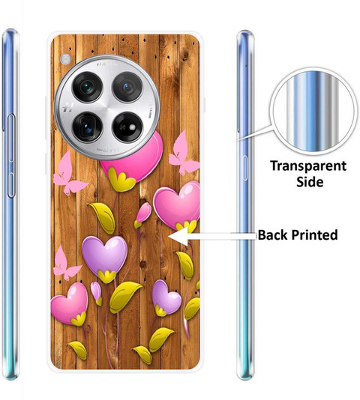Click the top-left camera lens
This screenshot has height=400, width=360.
[x=88, y=87]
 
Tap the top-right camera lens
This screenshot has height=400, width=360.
[x=127, y=87]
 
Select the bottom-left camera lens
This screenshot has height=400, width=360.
[x=88, y=127]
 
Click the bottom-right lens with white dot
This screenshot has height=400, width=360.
[x=127, y=127]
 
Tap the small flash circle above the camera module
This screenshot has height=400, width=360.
[x=66, y=59]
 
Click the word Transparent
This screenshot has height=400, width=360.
[x=308, y=166]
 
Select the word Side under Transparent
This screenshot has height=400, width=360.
[x=310, y=182]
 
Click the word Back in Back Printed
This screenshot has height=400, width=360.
[x=272, y=234]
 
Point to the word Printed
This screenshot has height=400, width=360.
[x=314, y=235]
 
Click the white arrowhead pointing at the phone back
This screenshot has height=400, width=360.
[x=178, y=237]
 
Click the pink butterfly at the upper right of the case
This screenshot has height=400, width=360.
[x=183, y=153]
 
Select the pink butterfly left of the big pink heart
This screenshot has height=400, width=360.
[x=68, y=174]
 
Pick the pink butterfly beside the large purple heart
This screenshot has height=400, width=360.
[x=65, y=264]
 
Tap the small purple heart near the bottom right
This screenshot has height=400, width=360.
[x=166, y=297]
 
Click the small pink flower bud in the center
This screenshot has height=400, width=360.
[x=143, y=213]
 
